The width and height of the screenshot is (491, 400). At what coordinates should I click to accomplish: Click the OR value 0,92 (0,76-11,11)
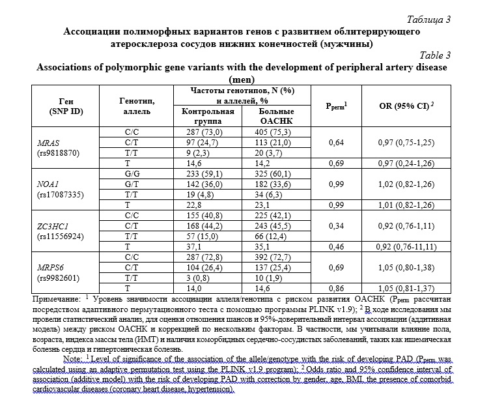tap(405, 248)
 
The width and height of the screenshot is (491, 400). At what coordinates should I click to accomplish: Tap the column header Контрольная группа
tap(207, 116)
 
